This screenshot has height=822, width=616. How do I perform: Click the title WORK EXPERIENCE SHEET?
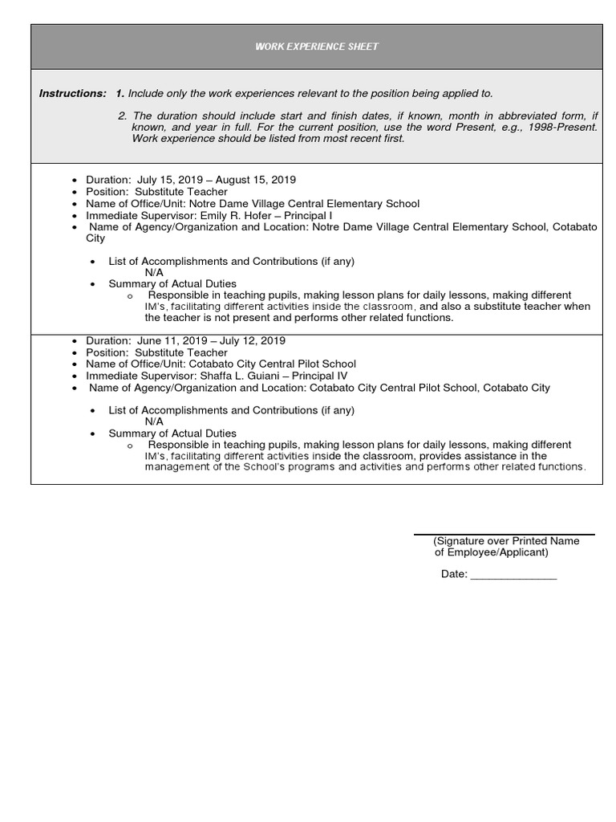[x=316, y=47]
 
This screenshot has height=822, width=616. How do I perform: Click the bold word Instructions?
[x=72, y=93]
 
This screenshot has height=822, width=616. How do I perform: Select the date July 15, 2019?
[x=172, y=180]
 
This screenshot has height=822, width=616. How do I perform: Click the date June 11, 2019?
[x=172, y=340]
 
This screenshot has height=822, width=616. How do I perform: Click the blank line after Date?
[x=513, y=575]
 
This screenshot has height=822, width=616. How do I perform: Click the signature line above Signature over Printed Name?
[x=504, y=535]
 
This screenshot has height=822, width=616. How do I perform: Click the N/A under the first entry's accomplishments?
[x=154, y=272]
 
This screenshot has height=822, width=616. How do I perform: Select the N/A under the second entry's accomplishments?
[x=154, y=421]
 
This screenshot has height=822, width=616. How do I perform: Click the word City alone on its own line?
[x=95, y=238]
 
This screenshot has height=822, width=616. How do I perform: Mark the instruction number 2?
[x=121, y=116]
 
